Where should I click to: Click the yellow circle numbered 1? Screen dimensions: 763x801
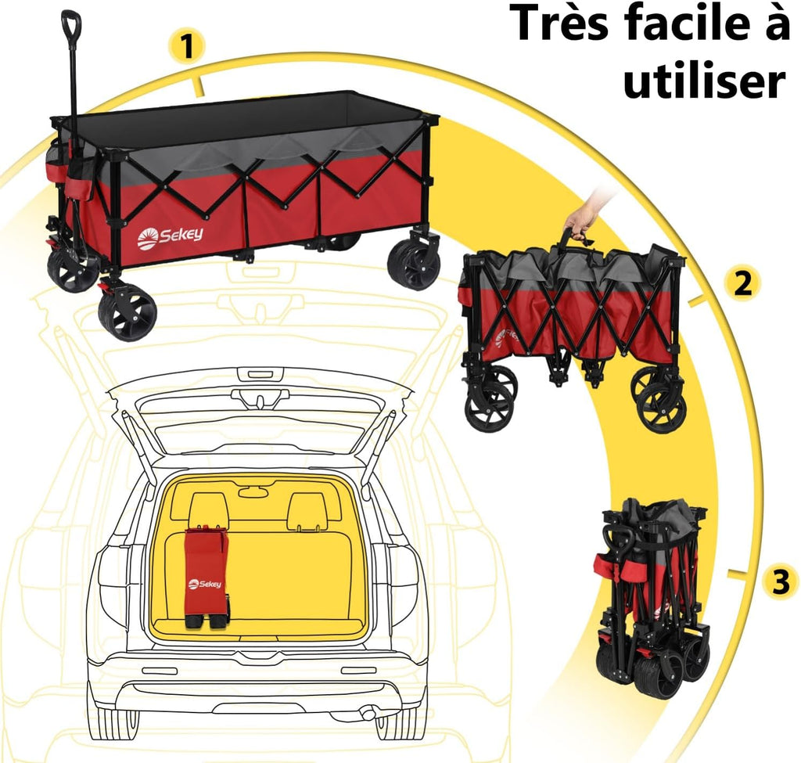pyautogui.click(x=185, y=47)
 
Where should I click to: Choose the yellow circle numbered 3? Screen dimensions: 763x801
pyautogui.click(x=779, y=581)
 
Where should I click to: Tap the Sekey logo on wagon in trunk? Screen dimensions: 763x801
pyautogui.click(x=204, y=583)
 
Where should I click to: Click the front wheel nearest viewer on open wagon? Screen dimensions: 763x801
pyautogui.click(x=128, y=311)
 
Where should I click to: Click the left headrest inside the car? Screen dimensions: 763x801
pyautogui.click(x=207, y=511)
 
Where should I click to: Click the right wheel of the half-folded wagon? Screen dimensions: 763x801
pyautogui.click(x=662, y=406)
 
